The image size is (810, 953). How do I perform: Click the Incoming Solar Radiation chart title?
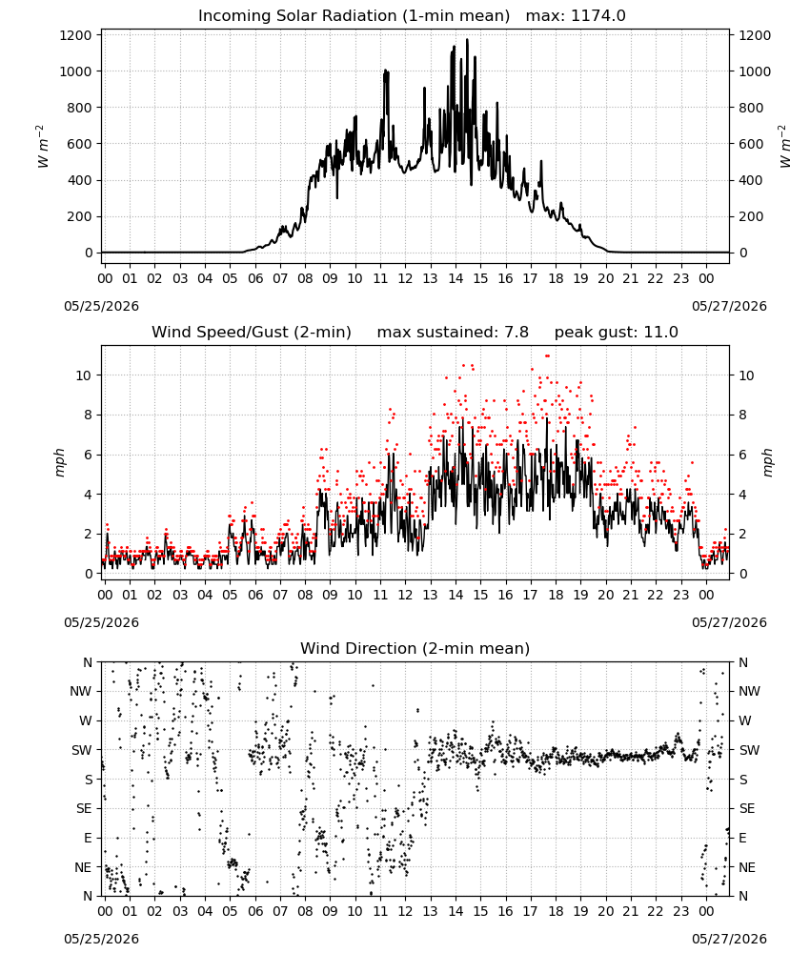354,15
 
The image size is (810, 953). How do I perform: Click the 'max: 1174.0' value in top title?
576,15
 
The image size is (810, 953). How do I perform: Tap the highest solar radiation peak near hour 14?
467,40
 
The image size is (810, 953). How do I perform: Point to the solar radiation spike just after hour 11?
385,71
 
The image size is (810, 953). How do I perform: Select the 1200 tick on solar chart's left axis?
75,35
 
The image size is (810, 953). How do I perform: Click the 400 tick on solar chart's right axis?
751,180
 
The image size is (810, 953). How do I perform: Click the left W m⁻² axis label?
42,147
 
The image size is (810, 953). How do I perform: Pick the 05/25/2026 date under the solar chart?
101,306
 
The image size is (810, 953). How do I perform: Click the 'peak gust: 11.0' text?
617,332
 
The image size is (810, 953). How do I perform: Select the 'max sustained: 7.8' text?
453,332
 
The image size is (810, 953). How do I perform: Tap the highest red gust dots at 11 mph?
548,355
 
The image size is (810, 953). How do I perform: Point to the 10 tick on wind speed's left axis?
84,375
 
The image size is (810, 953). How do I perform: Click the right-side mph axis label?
767,462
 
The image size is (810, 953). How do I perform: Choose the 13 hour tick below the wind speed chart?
430,595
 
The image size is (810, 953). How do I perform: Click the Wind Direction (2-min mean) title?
415,648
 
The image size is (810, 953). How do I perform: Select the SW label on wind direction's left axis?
82,750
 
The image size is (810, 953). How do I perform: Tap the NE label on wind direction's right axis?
747,867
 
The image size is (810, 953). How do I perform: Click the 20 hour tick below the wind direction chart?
606,911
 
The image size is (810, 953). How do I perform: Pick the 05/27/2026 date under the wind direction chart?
729,939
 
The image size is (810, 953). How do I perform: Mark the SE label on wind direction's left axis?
84,808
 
